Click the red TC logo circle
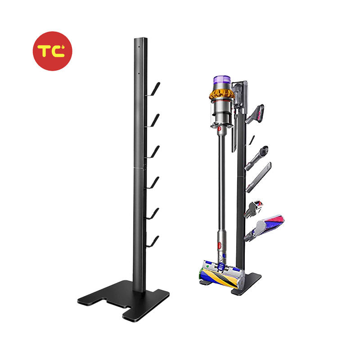52,51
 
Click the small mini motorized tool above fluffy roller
254,207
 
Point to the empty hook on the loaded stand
252,139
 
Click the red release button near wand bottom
220,247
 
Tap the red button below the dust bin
219,130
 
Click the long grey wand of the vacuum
220,189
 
